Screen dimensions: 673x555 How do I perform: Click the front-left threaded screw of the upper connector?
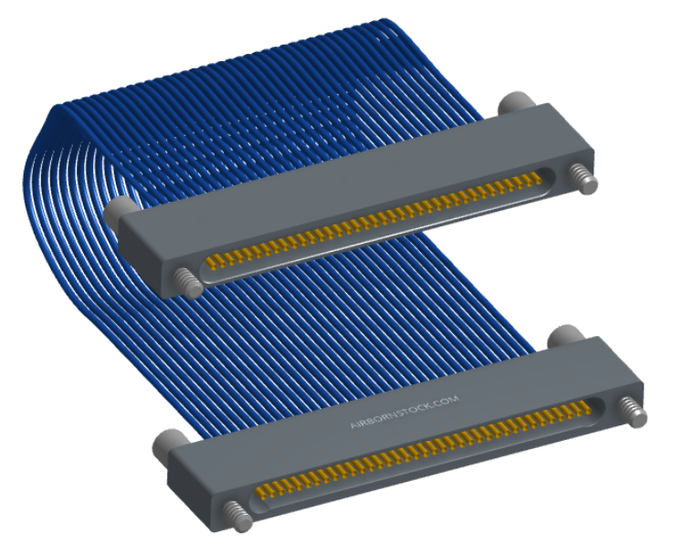point(188,283)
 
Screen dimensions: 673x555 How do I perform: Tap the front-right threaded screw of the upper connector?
point(584,180)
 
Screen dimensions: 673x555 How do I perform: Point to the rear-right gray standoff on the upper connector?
point(517,103)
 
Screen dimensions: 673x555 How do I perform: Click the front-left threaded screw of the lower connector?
point(237,517)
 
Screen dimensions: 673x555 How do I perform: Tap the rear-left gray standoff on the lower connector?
point(169,445)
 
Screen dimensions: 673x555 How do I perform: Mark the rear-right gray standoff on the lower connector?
point(565,336)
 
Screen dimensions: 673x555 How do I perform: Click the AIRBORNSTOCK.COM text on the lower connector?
point(405,412)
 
